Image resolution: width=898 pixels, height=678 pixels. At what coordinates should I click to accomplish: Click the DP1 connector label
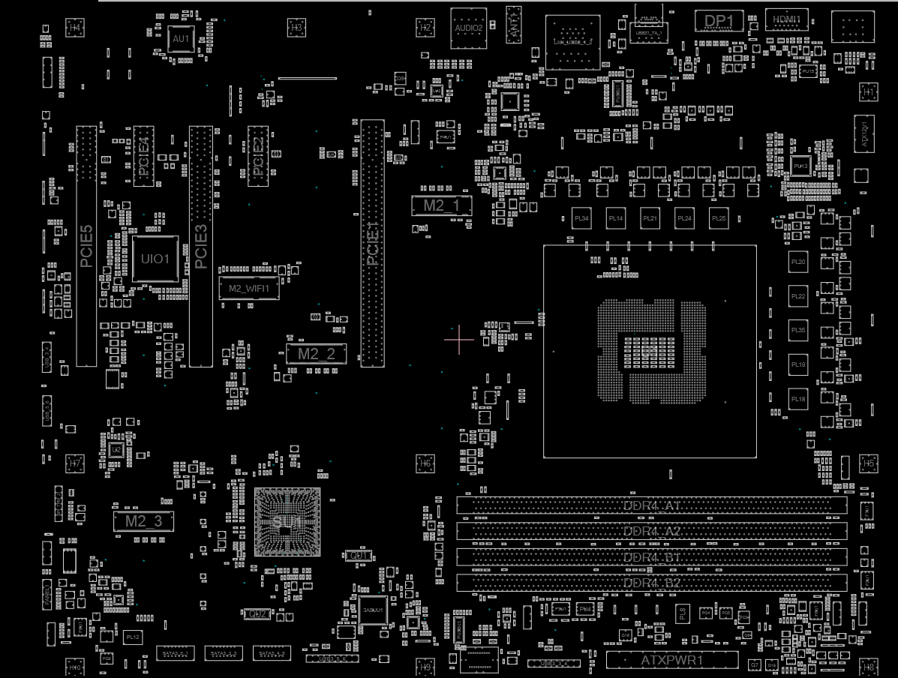click(719, 21)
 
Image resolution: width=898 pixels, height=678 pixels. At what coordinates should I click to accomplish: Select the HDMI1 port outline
click(786, 19)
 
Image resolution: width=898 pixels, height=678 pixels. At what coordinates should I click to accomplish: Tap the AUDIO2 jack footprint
click(469, 28)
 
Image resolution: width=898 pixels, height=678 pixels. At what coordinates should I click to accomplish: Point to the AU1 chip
click(182, 39)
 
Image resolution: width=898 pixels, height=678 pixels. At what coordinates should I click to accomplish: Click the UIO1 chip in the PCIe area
click(155, 259)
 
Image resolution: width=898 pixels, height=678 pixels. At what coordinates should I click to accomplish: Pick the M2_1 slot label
click(442, 205)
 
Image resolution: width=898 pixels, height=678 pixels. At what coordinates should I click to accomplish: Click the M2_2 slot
click(317, 354)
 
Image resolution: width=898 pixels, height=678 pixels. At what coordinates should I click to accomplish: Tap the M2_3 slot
click(143, 521)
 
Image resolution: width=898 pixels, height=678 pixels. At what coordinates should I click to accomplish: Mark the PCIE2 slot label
click(258, 157)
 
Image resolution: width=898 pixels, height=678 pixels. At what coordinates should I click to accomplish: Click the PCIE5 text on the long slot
click(86, 246)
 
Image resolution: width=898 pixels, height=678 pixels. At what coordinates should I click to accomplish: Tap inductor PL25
click(719, 218)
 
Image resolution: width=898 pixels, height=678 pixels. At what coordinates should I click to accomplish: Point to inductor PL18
click(797, 399)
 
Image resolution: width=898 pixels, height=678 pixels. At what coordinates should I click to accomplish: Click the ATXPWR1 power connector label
click(672, 661)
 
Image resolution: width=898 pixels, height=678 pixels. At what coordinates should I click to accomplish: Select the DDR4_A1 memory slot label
click(651, 505)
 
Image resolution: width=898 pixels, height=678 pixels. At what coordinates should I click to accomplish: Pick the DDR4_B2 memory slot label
click(651, 583)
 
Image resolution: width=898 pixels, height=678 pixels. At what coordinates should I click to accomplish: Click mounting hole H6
click(425, 463)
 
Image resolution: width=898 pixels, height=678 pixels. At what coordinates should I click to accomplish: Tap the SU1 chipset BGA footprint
click(287, 521)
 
